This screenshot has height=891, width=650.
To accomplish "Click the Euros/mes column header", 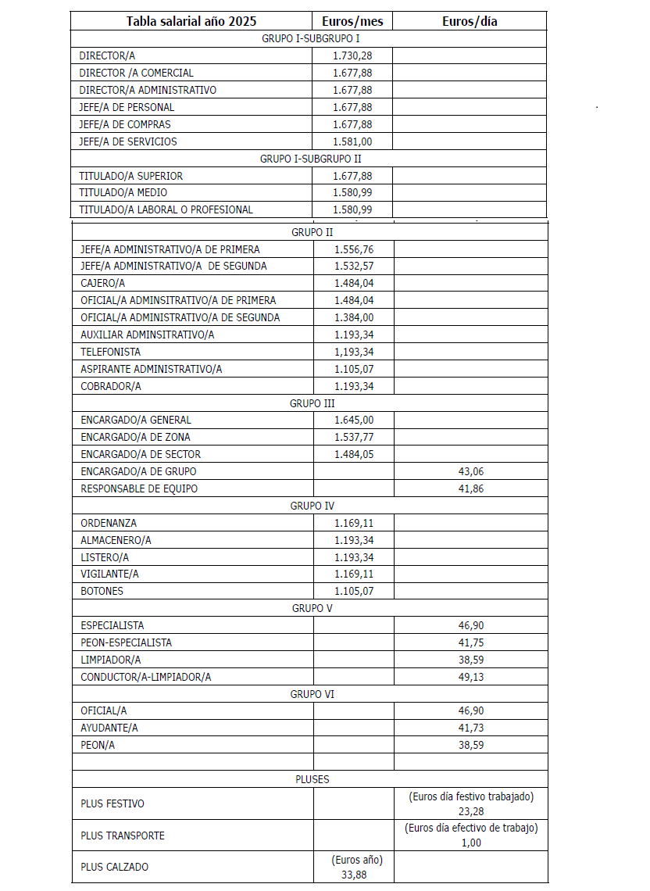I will (352, 21).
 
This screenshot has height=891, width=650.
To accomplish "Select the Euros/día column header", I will (469, 21).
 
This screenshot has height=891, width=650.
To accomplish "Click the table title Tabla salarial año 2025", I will (191, 21).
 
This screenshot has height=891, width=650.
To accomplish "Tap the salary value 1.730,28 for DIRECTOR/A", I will (352, 55).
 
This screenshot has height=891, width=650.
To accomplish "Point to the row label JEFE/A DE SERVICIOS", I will (128, 141).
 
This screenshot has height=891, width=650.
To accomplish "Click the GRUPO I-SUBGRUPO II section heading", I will (310, 159).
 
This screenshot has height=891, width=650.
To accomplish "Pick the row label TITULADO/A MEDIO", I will (123, 192).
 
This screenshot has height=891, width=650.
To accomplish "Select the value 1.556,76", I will (354, 249).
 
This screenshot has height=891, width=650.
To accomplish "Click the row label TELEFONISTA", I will (111, 352).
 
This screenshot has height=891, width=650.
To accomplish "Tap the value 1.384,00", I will (354, 317).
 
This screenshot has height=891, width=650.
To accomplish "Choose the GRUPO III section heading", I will (312, 403).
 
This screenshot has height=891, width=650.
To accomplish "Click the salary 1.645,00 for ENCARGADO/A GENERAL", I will (354, 420).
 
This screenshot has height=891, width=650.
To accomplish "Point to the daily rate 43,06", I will (471, 471).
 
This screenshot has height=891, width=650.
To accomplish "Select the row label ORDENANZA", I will (109, 523).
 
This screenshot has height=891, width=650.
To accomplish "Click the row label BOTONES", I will (102, 591).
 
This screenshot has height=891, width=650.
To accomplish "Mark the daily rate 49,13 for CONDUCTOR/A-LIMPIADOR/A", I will (471, 677).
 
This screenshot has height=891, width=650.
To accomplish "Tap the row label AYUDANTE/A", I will (109, 728).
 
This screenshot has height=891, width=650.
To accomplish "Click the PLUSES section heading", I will (312, 779).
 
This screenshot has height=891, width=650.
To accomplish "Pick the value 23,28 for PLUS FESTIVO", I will (471, 811).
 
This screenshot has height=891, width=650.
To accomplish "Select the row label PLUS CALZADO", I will (115, 867).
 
